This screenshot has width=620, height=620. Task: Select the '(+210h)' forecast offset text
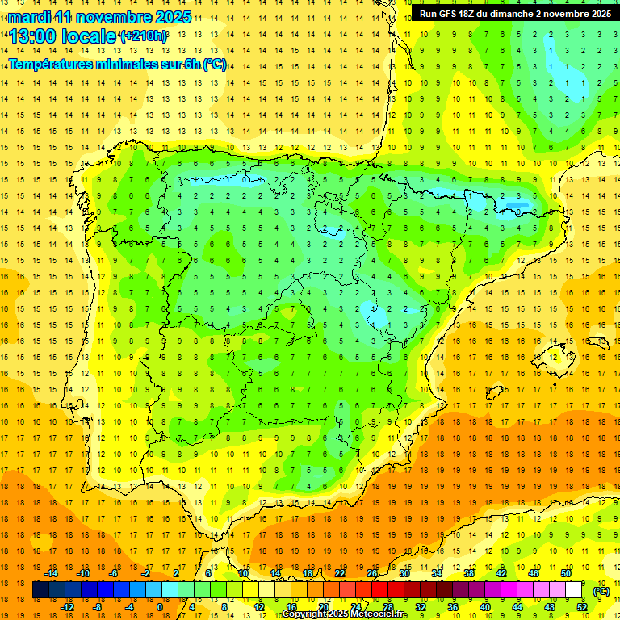[x=144, y=36]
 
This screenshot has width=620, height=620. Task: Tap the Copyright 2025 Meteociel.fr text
[x=344, y=614]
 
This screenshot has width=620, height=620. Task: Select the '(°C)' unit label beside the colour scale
[x=601, y=591]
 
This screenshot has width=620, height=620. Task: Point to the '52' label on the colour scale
[x=582, y=607]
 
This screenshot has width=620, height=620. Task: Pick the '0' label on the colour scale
[x=159, y=607]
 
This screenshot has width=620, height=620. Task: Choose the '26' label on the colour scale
[x=372, y=573]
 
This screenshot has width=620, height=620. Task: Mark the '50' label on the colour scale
[x=566, y=573]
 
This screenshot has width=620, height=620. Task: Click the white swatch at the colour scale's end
[x=574, y=590]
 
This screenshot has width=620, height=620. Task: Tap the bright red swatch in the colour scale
[x=380, y=590]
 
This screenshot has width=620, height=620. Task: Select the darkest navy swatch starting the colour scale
[x=40, y=590]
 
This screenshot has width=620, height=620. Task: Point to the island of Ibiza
[x=493, y=392]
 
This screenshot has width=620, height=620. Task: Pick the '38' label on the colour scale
[x=469, y=573]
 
